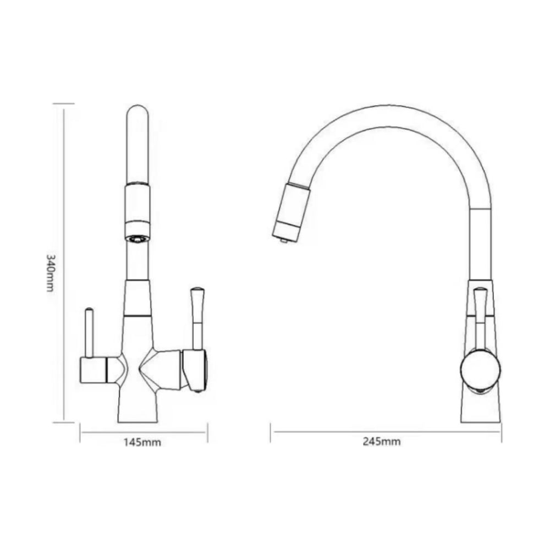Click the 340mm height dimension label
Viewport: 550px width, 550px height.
coord(50,273)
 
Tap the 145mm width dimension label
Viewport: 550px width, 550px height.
coord(142,442)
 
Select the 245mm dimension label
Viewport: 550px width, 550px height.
coord(382,441)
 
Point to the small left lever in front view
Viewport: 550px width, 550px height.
coord(90,332)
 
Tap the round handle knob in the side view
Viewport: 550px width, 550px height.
coord(480,371)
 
